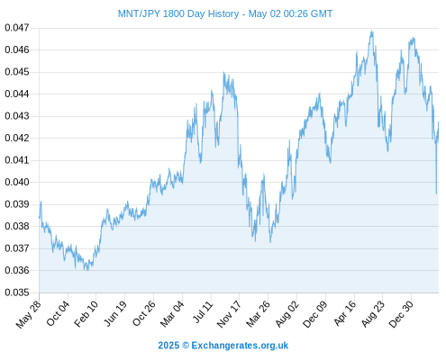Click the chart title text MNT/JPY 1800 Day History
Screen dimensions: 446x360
178,13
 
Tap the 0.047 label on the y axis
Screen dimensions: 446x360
17,28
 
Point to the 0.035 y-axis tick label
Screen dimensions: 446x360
17,292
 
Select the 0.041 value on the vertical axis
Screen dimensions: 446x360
17,160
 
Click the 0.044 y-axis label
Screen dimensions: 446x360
17,94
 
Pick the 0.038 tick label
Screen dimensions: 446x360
17,226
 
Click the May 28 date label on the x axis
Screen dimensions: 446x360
28,314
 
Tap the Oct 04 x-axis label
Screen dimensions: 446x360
58,313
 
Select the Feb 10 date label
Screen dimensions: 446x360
86,313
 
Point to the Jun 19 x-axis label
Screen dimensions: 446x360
114,313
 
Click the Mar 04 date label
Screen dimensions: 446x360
172,313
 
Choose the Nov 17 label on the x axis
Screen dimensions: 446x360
229,314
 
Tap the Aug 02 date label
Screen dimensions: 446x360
287,313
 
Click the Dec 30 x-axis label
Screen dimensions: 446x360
401,314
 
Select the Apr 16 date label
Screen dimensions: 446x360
344,313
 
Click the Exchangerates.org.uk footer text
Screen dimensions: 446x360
240,346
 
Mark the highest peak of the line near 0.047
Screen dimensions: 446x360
372,31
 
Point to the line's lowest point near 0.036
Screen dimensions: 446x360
87,270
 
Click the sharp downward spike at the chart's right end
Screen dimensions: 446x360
436,193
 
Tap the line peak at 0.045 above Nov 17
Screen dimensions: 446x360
223,72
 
